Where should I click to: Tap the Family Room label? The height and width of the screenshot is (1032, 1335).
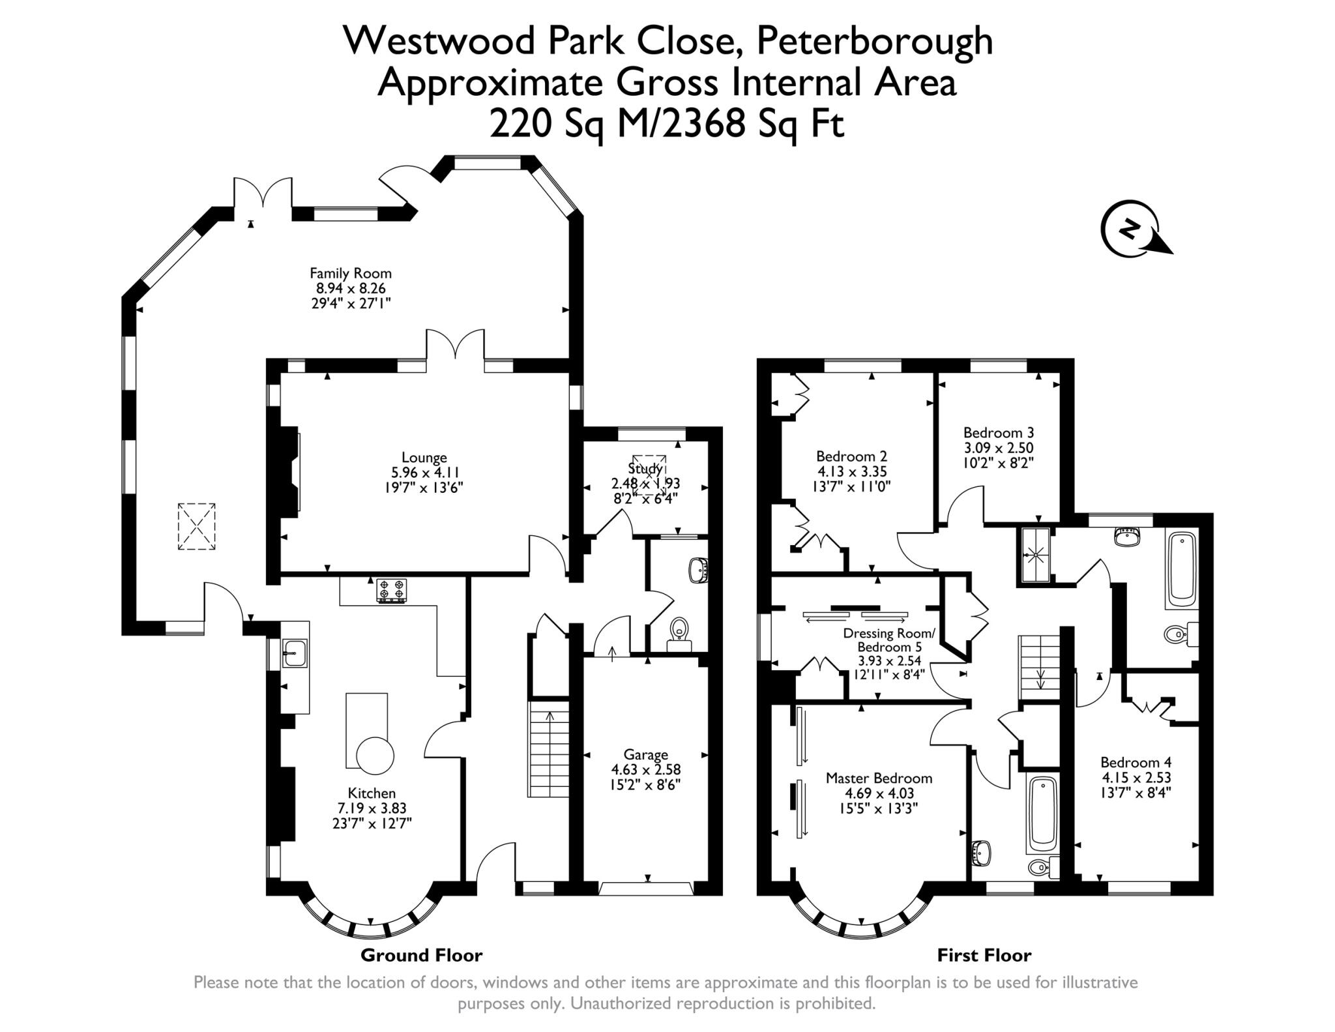click(350, 273)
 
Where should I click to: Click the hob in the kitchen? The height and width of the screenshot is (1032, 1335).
click(391, 591)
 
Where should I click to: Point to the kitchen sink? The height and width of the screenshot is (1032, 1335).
click(295, 653)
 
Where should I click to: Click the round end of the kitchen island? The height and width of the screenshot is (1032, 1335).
click(375, 756)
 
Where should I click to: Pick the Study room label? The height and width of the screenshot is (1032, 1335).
click(645, 468)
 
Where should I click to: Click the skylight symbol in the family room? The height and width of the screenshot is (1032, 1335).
click(196, 526)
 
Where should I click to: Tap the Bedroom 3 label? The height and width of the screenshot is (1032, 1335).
click(998, 433)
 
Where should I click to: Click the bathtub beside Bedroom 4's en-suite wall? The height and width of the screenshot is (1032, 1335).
click(1182, 570)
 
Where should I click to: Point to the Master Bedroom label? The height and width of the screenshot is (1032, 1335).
click(878, 778)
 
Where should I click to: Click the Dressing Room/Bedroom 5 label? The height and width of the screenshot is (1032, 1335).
click(889, 640)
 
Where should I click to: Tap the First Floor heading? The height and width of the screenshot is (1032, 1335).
click(984, 956)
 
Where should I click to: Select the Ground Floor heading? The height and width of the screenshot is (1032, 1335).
click(421, 956)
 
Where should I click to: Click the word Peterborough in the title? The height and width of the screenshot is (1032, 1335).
click(873, 41)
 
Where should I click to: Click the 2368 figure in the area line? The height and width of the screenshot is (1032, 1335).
click(705, 123)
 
